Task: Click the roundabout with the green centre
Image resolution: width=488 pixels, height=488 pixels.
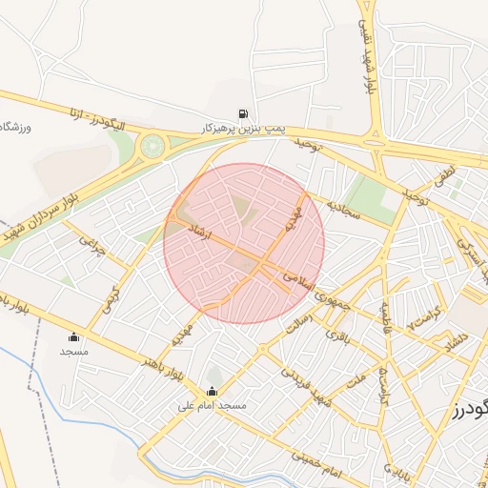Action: pos(151,147)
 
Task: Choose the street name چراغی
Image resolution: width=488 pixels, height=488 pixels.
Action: pos(91,250)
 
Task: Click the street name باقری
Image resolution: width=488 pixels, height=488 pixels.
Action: pos(339,335)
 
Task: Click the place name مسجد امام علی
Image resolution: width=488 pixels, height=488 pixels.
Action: pos(212,406)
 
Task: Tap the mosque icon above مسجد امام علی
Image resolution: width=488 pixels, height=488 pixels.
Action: pos(212,392)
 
